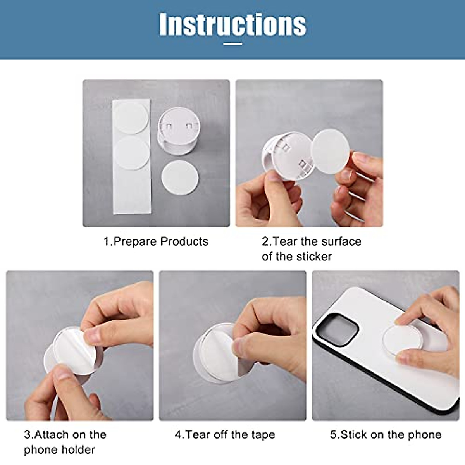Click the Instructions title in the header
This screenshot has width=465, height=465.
[x=232, y=24]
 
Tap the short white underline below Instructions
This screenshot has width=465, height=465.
[x=232, y=43]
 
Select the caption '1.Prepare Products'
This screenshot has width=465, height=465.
[x=156, y=241]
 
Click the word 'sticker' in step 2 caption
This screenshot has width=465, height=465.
[x=314, y=257]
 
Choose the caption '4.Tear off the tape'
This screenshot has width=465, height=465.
[x=225, y=435]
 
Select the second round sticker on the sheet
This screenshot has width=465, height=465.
[x=132, y=153]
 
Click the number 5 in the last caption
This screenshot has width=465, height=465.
[x=333, y=435]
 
